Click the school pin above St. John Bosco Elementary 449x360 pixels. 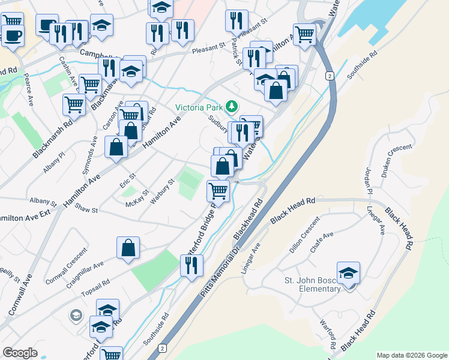click(348, 273)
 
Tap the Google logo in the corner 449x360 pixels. click(20, 353)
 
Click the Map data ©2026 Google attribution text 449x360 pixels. click(412, 355)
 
